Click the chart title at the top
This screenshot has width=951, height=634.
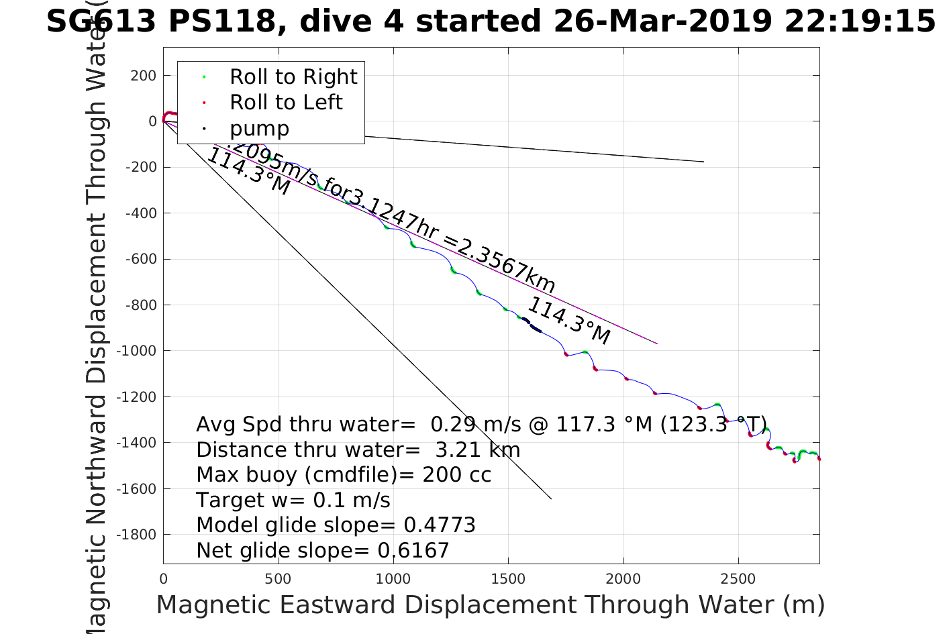click(x=491, y=21)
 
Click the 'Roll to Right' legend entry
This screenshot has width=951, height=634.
click(x=293, y=77)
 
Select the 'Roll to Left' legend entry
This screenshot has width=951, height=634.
click(x=285, y=103)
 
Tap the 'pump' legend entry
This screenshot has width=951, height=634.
click(x=259, y=129)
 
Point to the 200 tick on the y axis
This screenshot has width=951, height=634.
click(x=143, y=76)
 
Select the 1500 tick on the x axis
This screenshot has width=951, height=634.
click(x=508, y=579)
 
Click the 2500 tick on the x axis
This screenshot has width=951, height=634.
click(x=738, y=579)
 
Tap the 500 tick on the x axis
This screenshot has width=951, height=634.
click(x=278, y=579)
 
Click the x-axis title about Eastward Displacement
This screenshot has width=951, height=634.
click(x=490, y=605)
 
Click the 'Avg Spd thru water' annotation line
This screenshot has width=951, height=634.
click(x=481, y=425)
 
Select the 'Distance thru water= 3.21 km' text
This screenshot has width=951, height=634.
click(x=358, y=450)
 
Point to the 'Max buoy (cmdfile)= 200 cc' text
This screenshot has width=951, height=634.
click(x=344, y=475)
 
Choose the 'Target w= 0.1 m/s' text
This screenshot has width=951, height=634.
click(x=293, y=500)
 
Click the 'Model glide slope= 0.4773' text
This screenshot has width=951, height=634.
click(x=336, y=525)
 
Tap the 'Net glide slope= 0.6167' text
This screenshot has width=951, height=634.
click(x=322, y=551)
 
